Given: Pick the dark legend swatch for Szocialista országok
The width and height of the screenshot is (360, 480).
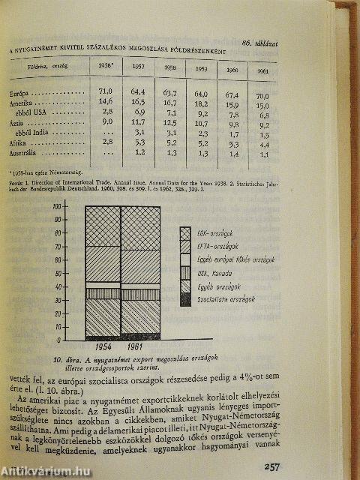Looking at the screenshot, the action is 185,299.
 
